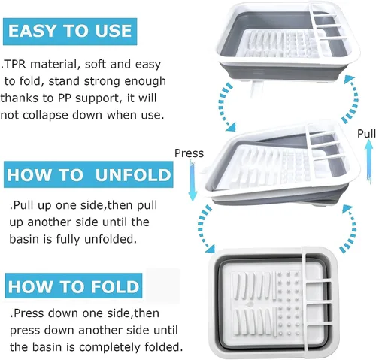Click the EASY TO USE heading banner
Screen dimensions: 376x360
pyautogui.click(x=70, y=32)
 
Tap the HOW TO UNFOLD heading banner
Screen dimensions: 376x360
pyautogui.click(x=89, y=174)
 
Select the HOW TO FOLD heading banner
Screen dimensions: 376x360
pyautogui.click(x=74, y=286)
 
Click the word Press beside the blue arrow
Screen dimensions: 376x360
pyautogui.click(x=189, y=153)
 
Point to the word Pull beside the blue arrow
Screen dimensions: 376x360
pyautogui.click(x=366, y=133)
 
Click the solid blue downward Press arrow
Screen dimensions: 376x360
pyautogui.click(x=193, y=181)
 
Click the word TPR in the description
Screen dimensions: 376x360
pyautogui.click(x=15, y=65)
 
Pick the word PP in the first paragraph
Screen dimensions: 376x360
pyautogui.click(x=65, y=98)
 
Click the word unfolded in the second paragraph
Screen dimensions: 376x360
pyautogui.click(x=111, y=239)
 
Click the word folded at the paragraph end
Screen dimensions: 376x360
pyautogui.click(x=163, y=347)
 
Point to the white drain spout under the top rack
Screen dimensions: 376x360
pyautogui.click(x=256, y=88)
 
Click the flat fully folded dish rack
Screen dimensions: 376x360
pyautogui.click(x=274, y=303)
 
